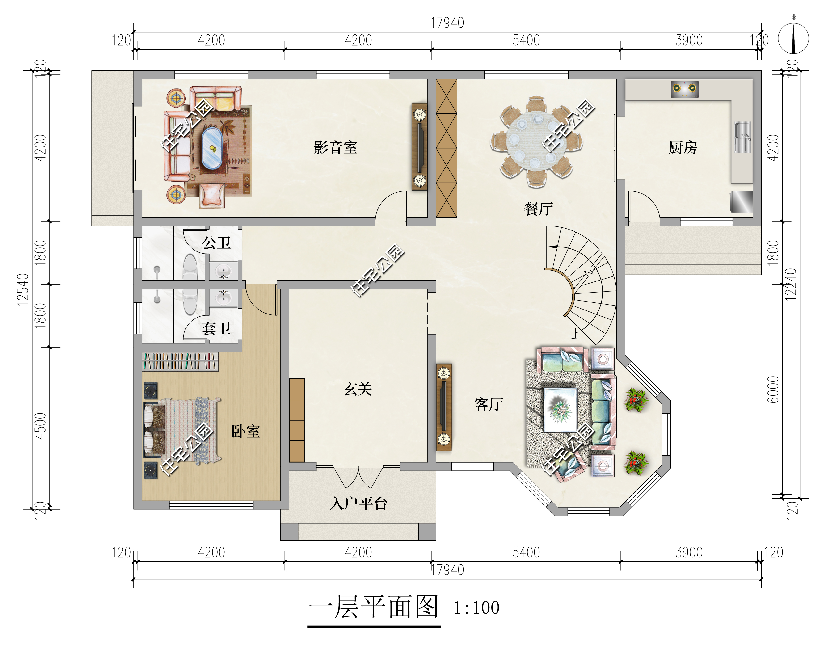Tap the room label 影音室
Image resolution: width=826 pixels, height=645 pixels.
click(335, 147)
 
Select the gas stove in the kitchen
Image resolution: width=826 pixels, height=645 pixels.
click(685, 89)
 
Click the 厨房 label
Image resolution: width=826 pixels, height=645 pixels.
click(683, 147)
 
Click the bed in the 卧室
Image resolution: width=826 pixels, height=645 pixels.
click(181, 431)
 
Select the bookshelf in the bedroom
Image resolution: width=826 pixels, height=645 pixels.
click(180, 361)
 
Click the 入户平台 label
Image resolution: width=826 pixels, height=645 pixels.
click(358, 504)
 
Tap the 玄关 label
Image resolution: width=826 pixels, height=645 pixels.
click(357, 389)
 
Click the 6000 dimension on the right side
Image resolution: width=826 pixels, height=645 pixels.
click(773, 390)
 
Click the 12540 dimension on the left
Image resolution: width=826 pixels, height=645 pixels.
click(23, 289)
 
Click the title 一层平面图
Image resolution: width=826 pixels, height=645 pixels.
click(373, 607)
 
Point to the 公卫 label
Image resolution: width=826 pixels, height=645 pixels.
click(216, 243)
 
